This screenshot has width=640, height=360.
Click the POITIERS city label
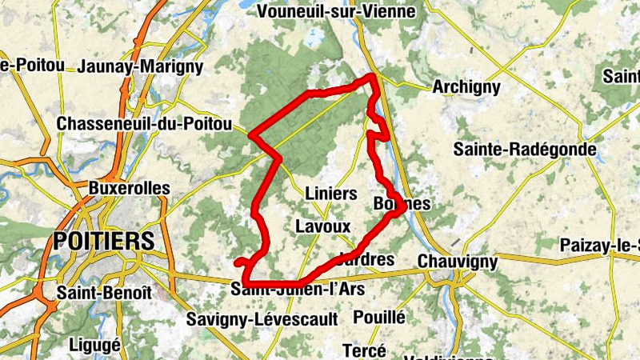[103, 241]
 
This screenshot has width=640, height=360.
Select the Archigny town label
[466, 87]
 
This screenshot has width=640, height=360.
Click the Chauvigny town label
[458, 262]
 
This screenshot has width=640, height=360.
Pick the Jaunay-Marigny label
[141, 66]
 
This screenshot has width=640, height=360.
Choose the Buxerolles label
[130, 189]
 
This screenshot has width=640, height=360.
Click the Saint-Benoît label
[104, 293]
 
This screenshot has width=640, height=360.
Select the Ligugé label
[95, 345]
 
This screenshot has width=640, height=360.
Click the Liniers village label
[331, 194]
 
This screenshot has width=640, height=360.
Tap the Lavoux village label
[323, 226]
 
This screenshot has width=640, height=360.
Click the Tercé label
[364, 350]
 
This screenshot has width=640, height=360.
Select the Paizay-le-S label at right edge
[600, 245]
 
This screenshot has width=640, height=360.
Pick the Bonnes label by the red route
[402, 204]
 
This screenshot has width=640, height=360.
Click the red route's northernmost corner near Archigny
[373, 76]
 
